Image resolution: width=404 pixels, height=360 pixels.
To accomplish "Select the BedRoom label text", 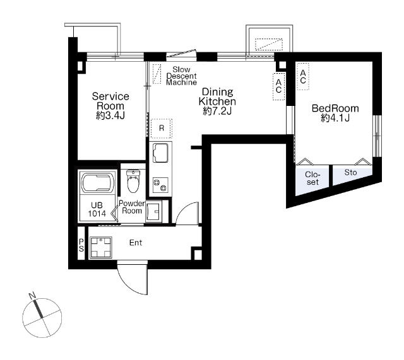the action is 335,108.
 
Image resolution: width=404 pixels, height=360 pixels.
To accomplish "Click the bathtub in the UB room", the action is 98,182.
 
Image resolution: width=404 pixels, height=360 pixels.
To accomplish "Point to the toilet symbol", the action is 133,181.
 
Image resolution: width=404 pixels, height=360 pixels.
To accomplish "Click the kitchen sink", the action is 160,153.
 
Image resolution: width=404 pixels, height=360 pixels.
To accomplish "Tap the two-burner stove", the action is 160,185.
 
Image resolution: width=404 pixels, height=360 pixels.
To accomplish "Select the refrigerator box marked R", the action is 162,128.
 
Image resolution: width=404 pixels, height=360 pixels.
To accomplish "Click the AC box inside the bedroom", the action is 303,76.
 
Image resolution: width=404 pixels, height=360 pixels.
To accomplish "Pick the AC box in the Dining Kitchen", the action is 278,86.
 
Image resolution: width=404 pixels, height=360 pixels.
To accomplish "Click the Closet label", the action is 312,178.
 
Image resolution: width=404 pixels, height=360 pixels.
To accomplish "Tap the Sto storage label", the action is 350,172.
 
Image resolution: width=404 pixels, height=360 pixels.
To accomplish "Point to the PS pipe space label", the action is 81,245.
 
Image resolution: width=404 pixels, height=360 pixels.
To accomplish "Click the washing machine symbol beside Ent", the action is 101,247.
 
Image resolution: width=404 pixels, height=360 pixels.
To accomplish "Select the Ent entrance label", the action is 136,243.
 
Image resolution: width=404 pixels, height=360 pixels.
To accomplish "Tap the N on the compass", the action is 32,296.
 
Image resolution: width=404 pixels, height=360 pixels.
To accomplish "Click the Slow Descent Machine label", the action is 181,76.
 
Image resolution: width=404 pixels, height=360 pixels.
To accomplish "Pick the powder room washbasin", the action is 154,211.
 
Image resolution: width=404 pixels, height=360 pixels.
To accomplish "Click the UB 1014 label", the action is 97,209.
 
